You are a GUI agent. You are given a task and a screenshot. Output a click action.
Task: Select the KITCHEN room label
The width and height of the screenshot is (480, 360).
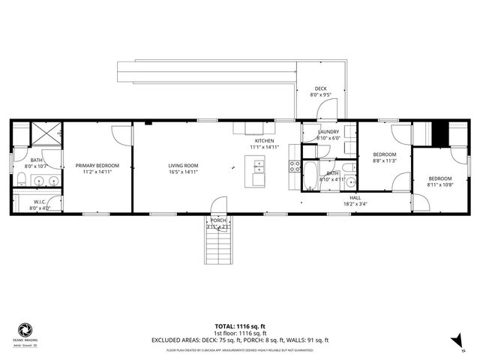(x=264, y=141)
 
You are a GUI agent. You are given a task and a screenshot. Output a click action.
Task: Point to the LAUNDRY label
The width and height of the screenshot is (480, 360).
(x=328, y=131)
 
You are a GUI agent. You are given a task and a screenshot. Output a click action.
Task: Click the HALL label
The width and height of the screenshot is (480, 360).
(x=355, y=197)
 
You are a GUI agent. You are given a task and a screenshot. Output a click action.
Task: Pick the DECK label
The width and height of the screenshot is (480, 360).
(x=320, y=88)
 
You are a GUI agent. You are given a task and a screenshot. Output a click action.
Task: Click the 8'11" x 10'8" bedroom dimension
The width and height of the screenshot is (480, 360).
(x=439, y=184)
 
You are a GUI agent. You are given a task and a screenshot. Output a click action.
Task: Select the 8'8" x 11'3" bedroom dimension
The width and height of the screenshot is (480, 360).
(x=384, y=160)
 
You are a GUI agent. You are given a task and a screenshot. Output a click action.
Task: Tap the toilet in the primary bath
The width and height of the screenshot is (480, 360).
(x=23, y=178)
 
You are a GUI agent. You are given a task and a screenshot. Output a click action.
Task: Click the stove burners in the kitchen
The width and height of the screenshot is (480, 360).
(x=295, y=166)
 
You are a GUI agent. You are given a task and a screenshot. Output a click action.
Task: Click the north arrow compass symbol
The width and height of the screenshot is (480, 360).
(x=455, y=342)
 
